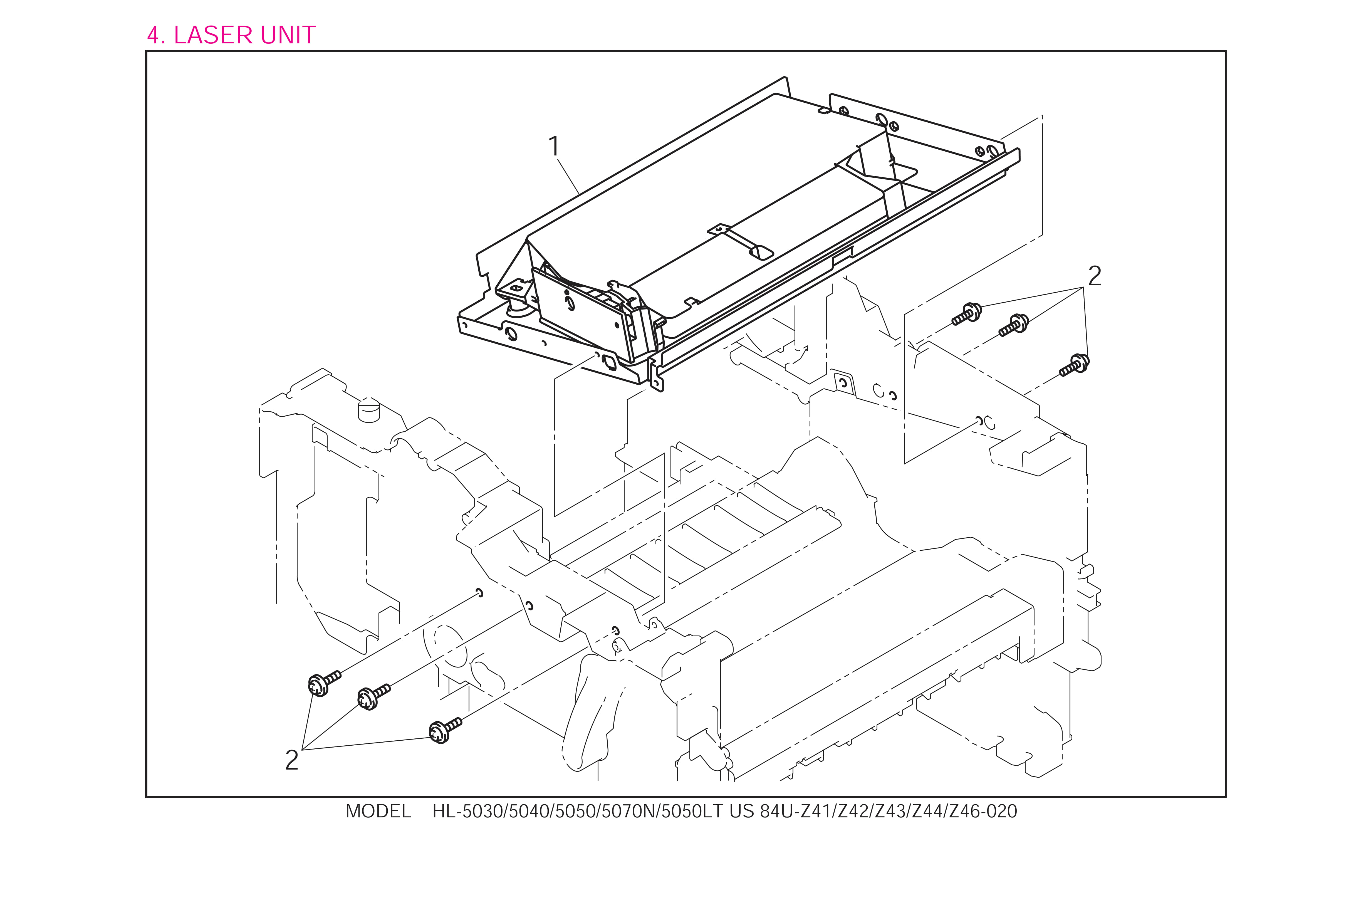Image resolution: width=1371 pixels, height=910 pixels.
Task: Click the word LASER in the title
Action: (214, 35)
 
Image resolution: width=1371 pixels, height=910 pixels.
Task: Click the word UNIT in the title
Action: (288, 35)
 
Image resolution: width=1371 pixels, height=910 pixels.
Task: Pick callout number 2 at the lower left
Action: (292, 760)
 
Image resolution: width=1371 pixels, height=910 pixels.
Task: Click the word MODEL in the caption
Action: (378, 811)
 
